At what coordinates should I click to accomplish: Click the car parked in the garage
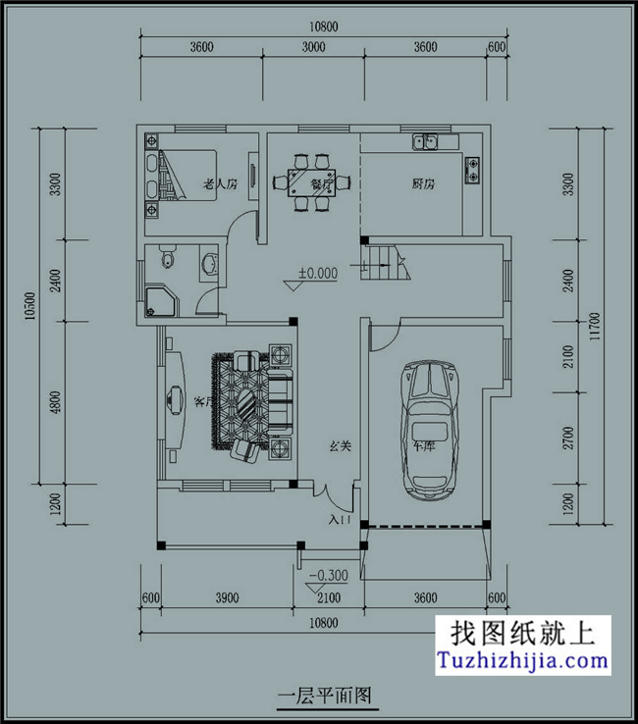[x=429, y=429]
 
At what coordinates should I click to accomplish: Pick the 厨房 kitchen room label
[x=423, y=183]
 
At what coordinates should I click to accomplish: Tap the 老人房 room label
[x=220, y=183]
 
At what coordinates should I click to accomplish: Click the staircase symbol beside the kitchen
[x=385, y=262]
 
